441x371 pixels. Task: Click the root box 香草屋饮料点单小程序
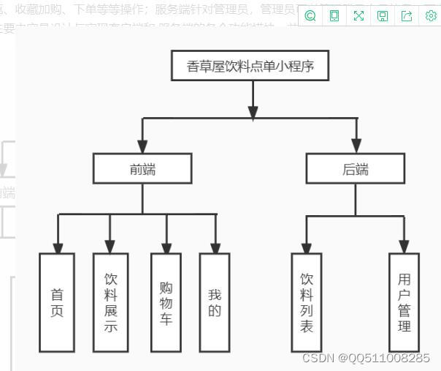253,67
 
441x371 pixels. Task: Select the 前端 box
142,169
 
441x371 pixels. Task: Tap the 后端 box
356,169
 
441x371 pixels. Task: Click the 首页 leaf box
57,301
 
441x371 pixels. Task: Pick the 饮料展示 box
111,301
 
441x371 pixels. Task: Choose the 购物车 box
166,301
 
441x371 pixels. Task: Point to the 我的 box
215,301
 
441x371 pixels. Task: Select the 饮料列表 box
307,301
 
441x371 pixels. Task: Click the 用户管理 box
404,301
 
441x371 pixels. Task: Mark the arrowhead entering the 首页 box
58,247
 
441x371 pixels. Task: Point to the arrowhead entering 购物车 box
166,247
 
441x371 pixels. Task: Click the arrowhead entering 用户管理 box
404,247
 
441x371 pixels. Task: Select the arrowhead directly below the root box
253,112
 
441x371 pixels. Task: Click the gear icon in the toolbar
431,15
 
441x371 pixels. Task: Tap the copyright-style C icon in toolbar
310,15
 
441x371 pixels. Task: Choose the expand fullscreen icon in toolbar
358,15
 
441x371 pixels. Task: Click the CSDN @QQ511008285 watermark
366,358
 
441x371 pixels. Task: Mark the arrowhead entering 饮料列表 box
307,247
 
